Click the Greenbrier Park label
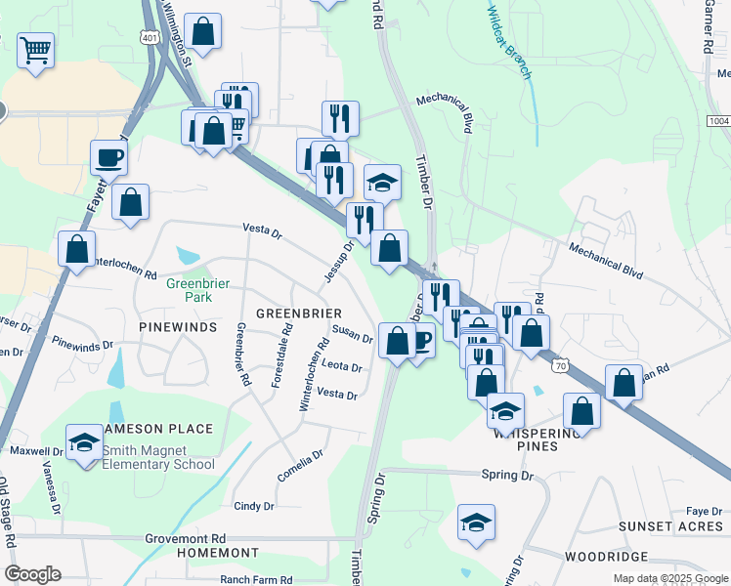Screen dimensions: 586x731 click(x=189, y=290)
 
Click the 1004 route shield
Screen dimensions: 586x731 click(x=718, y=120)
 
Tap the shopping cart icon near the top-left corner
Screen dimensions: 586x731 click(x=35, y=51)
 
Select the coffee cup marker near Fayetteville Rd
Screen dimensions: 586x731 click(x=108, y=157)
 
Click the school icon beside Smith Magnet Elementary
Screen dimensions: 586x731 click(x=84, y=442)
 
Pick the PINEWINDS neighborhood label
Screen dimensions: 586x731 click(x=178, y=327)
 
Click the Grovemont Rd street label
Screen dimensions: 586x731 click(x=185, y=538)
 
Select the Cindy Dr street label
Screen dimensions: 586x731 click(x=254, y=506)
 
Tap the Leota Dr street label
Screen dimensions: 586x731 click(x=342, y=368)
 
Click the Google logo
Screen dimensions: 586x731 click(x=32, y=574)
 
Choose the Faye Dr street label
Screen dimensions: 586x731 click(x=704, y=511)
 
